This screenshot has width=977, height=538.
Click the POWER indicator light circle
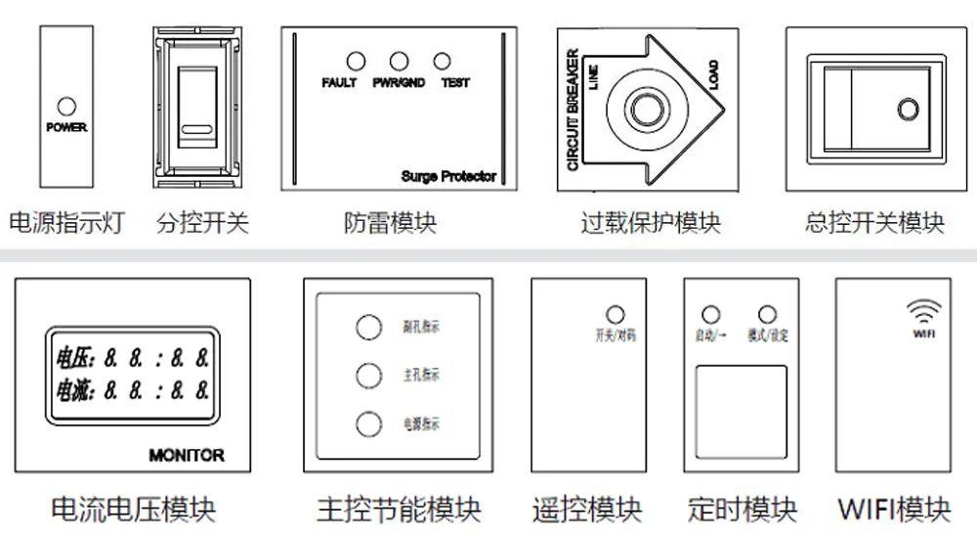66,107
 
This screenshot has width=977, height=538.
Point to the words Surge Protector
448,177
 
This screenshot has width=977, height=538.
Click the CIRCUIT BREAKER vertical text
573,110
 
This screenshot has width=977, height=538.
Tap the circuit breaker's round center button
644,106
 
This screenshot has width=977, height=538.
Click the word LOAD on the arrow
713,77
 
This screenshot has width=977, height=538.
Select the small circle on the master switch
908,109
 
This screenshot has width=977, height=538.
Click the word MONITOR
187,455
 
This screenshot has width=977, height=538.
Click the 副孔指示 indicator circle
368,327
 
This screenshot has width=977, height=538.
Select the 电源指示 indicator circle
368,425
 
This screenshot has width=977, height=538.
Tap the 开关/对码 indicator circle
616,315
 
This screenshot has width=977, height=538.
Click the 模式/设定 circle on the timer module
767,315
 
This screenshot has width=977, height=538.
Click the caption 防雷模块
390,224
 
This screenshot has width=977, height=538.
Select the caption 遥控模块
587,510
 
